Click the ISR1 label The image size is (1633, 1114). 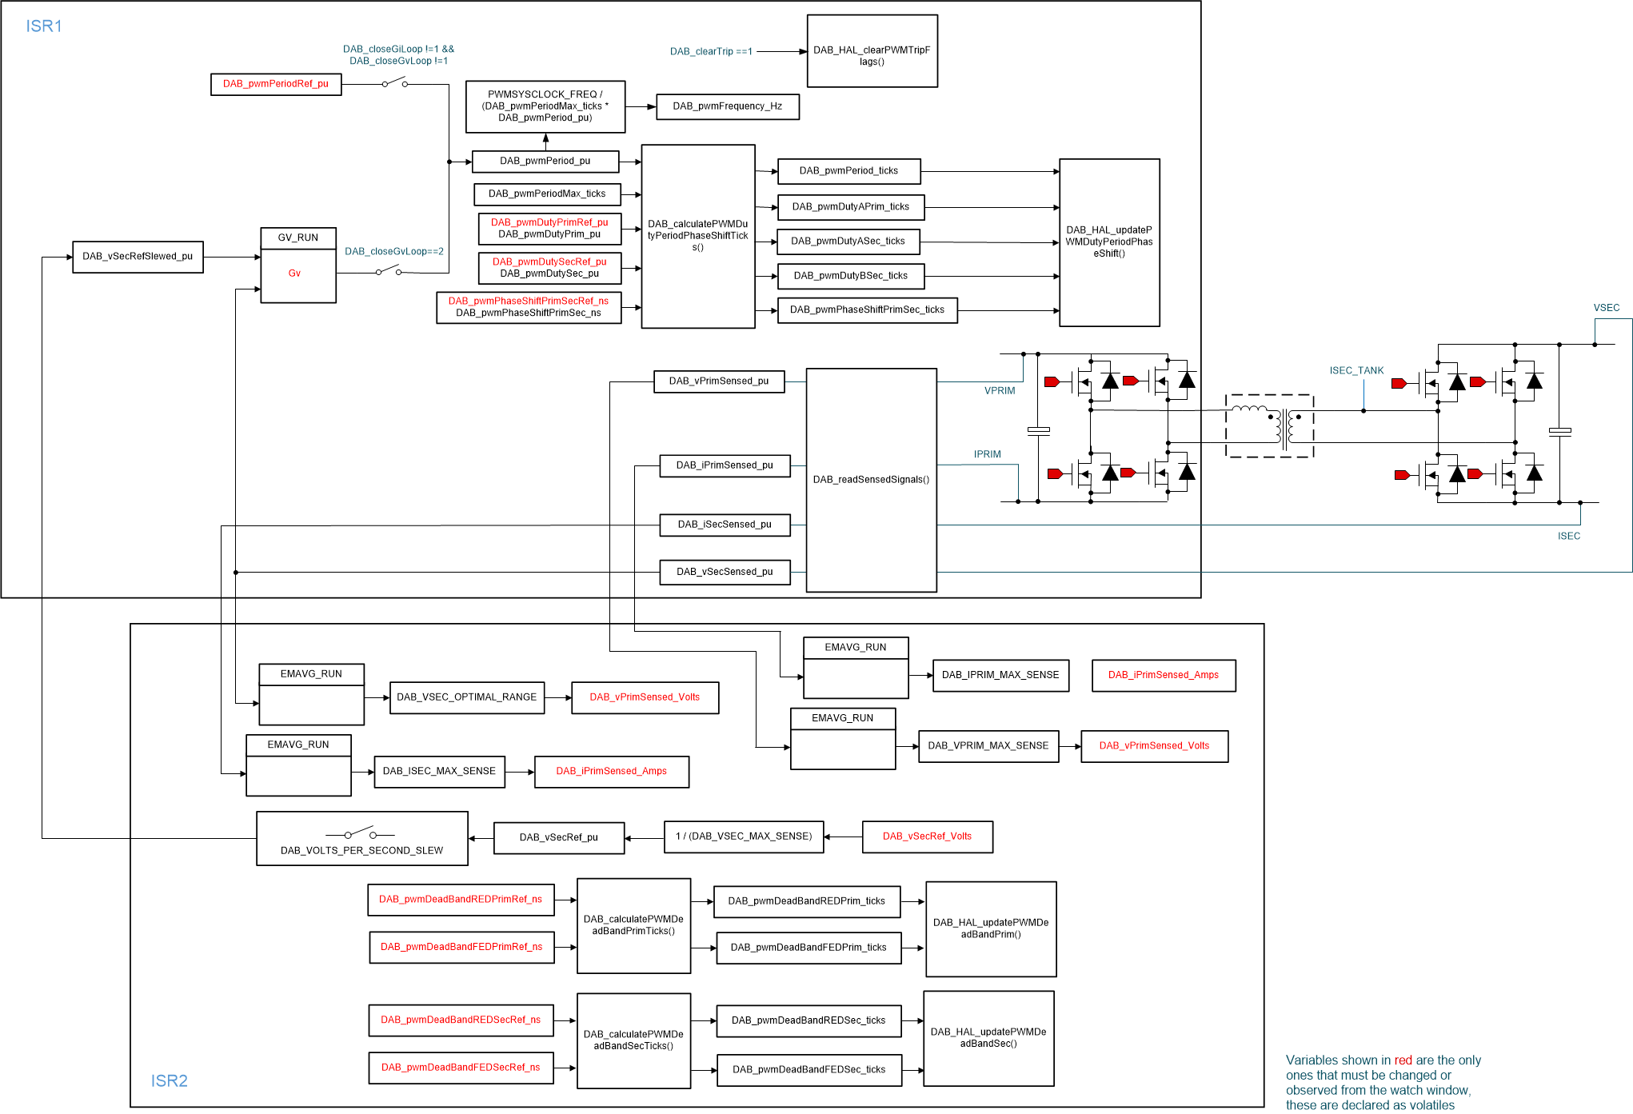point(44,26)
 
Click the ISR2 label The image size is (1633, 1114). point(169,1080)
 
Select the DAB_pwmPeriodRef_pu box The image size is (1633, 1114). point(276,84)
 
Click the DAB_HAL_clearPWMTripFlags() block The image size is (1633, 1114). point(872,51)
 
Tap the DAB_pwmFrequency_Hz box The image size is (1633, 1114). point(727,106)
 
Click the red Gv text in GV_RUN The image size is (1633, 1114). point(294,274)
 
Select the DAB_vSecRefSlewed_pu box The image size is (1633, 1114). point(138,257)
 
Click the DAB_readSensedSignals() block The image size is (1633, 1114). point(871,480)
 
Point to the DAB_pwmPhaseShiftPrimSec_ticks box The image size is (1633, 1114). point(867,310)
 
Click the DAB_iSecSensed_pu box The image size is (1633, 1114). point(725,525)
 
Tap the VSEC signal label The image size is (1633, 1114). point(1606,308)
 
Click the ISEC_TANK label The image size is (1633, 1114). point(1356,371)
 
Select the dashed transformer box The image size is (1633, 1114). point(1269,425)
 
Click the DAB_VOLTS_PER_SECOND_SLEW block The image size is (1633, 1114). point(361,839)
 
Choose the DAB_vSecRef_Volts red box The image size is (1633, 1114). point(927,836)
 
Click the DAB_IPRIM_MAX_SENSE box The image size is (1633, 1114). point(1000,675)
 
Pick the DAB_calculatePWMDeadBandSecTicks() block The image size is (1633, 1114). point(633,1040)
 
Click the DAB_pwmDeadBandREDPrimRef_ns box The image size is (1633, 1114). point(461,900)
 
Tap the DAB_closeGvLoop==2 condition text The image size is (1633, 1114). point(393,252)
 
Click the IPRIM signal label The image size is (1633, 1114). point(987,454)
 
